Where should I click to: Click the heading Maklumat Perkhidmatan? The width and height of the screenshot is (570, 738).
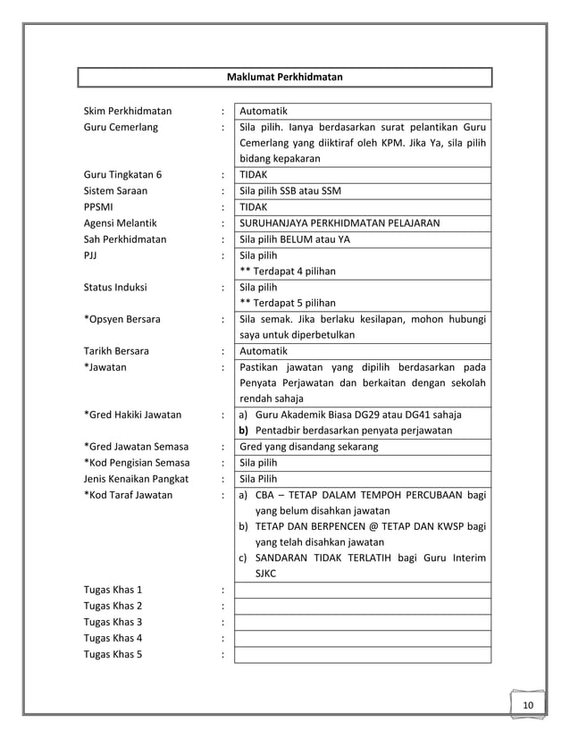(x=284, y=77)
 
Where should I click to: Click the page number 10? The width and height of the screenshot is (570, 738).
(x=528, y=707)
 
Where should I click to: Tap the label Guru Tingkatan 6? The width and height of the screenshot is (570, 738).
(x=123, y=175)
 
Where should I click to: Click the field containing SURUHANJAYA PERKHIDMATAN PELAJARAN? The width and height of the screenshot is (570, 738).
(x=362, y=223)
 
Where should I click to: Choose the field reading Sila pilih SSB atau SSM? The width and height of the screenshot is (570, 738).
(x=362, y=191)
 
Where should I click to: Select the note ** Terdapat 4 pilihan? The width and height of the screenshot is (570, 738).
(x=288, y=272)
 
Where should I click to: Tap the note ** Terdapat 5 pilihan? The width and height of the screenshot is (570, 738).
(x=288, y=303)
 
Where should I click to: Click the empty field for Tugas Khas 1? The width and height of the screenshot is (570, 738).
(x=362, y=590)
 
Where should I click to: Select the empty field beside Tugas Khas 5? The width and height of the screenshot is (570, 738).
(x=362, y=654)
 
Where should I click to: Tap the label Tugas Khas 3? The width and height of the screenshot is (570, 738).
(x=113, y=622)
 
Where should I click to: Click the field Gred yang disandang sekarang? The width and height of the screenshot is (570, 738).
(x=362, y=447)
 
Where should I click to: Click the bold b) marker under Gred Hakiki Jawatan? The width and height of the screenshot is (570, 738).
(x=243, y=431)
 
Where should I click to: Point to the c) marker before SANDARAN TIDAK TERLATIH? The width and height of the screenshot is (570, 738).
(x=243, y=558)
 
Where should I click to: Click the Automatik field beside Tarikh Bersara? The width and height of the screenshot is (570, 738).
(x=362, y=351)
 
